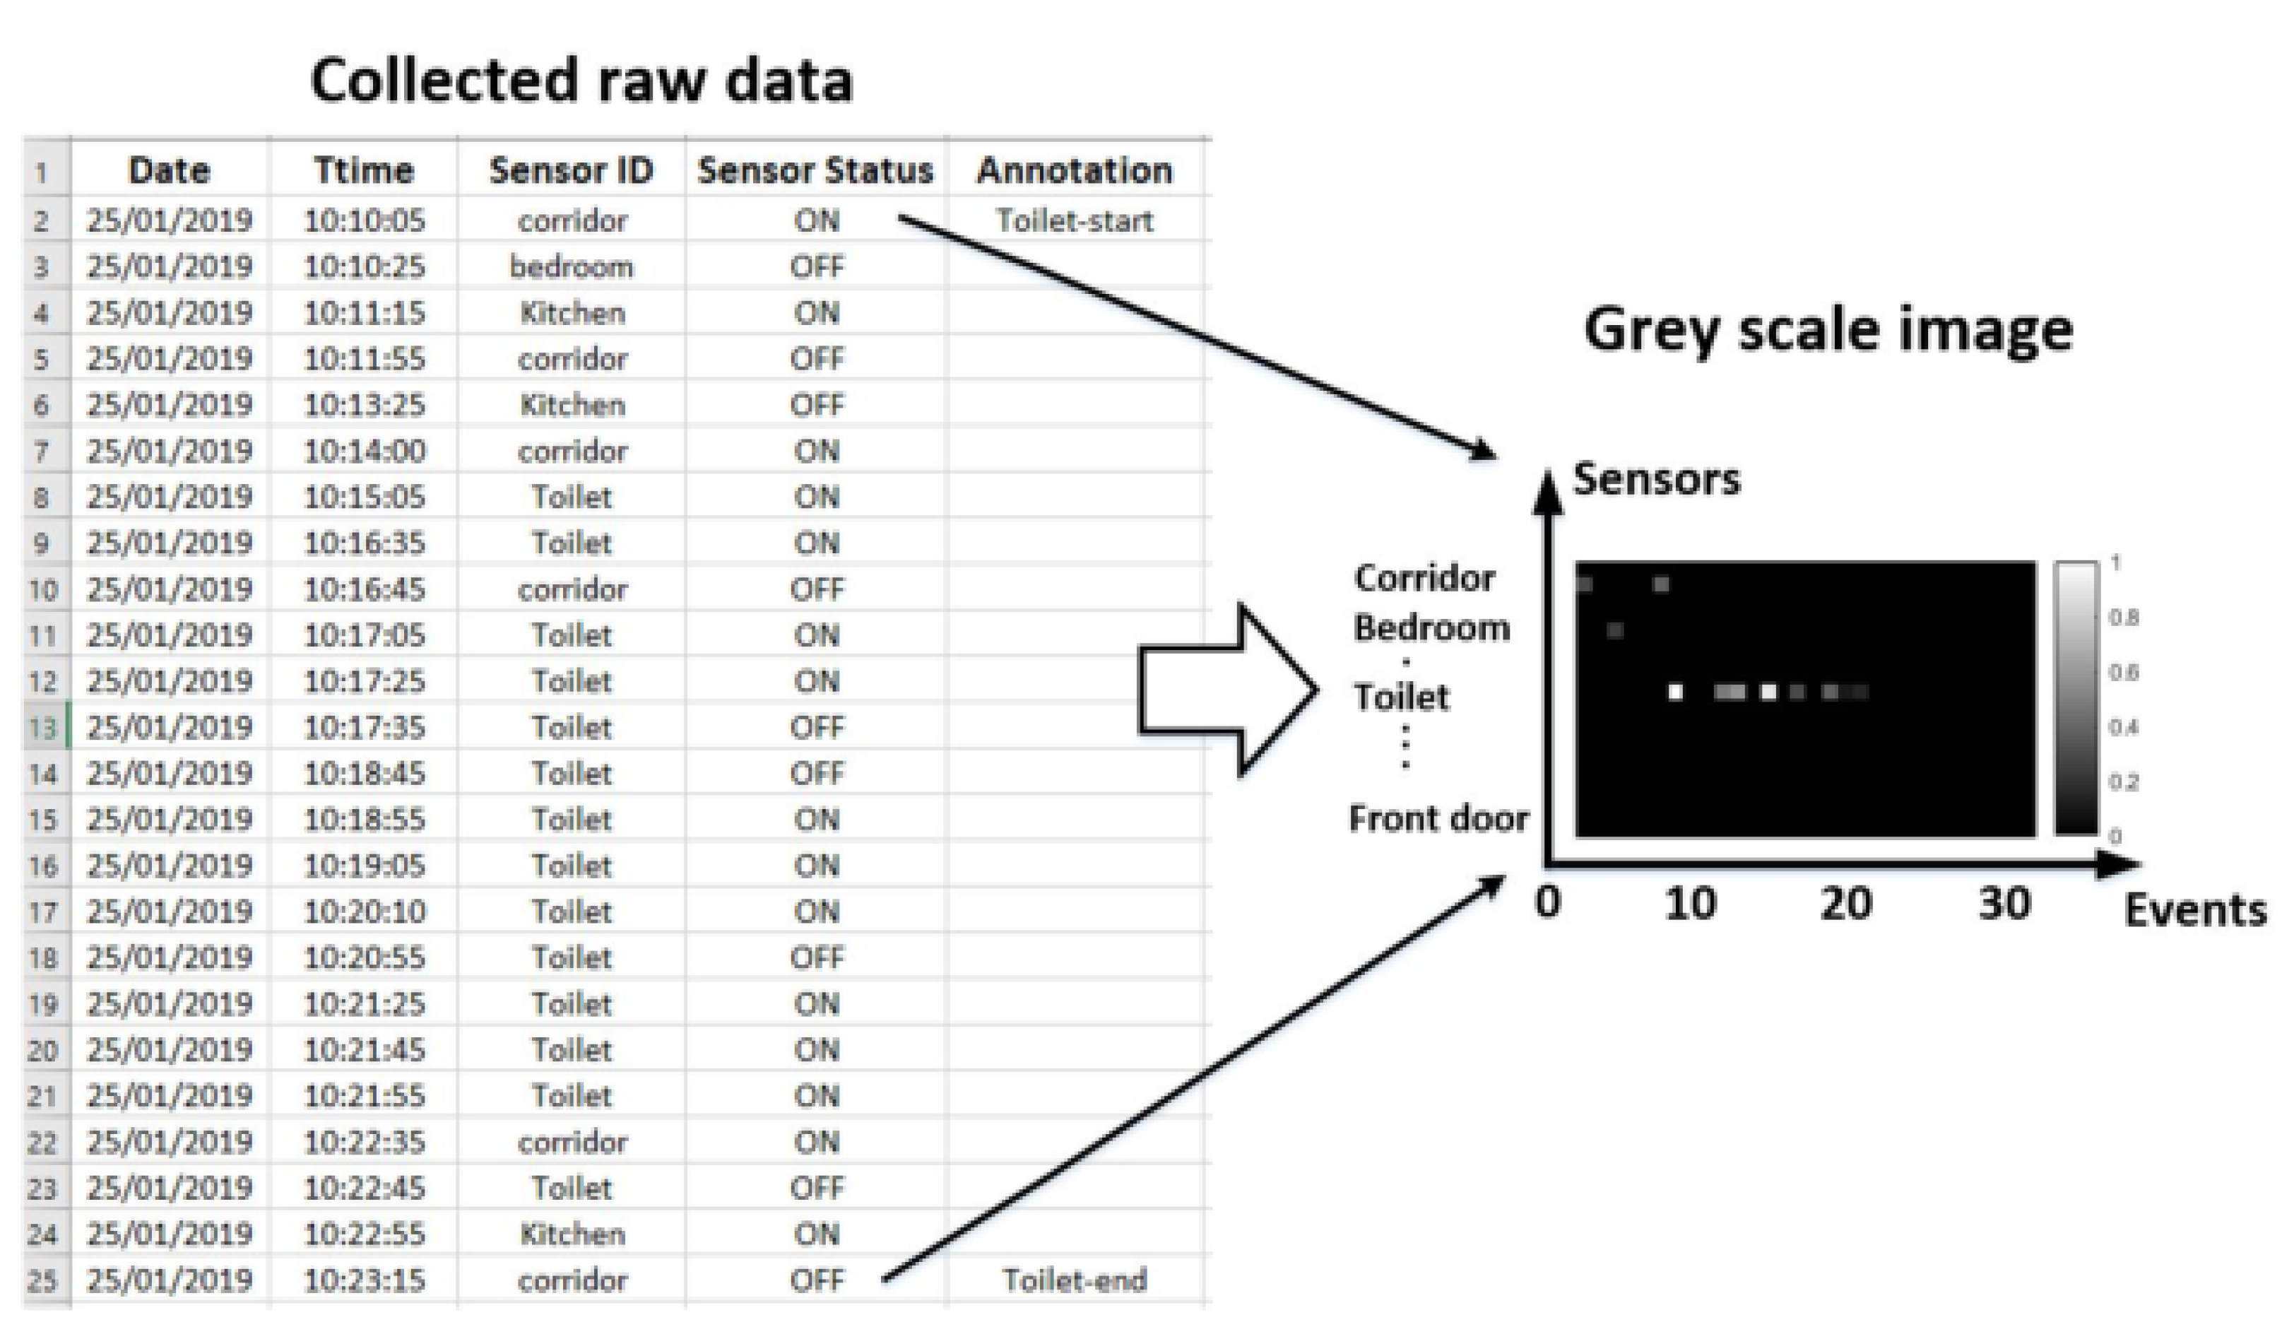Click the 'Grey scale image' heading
point(1828,329)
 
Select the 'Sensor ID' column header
point(571,170)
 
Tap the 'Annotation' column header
point(1074,170)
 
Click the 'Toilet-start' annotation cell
point(1074,220)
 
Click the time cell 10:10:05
point(364,220)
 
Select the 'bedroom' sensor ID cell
point(571,266)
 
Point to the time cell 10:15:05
point(364,497)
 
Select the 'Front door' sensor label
point(1438,818)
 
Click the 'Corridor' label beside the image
point(1424,578)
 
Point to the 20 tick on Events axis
point(1845,904)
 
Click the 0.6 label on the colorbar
point(2124,672)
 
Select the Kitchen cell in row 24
point(572,1234)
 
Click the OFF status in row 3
point(817,266)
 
